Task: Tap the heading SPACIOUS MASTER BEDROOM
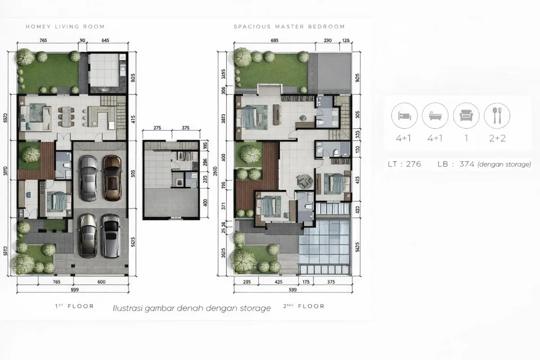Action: click(x=289, y=27)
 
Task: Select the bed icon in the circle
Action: click(x=405, y=116)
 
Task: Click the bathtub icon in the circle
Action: click(x=435, y=116)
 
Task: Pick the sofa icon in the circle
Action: click(x=466, y=116)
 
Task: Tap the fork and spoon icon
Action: click(x=497, y=116)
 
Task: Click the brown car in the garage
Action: click(x=112, y=177)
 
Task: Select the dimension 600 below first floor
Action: click(x=101, y=282)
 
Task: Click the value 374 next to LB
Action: click(x=467, y=164)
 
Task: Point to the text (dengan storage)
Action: click(x=504, y=165)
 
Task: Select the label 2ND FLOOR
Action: click(x=304, y=306)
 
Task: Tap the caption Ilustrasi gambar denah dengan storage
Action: click(x=192, y=308)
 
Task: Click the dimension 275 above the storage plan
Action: click(x=157, y=128)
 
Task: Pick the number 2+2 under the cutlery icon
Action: click(x=497, y=138)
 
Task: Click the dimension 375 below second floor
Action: click(x=331, y=282)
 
